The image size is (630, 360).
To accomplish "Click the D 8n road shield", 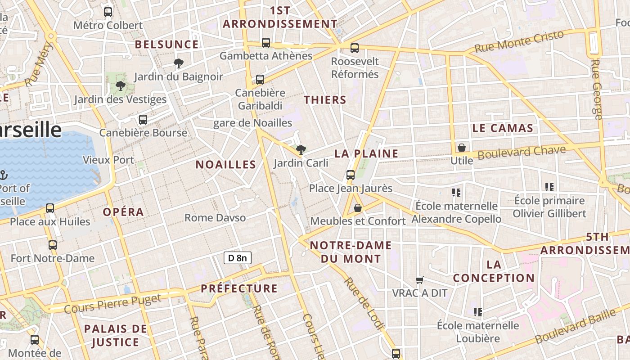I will point(238,258).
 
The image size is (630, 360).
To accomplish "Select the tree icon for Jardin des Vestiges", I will point(120,86).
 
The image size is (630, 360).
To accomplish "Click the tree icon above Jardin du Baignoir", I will point(179,63).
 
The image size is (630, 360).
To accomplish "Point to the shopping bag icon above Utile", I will point(461,147).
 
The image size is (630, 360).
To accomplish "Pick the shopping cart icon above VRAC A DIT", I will point(420,280).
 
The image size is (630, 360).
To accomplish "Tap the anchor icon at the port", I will point(3,175).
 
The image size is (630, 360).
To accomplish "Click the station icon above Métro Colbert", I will point(108,12).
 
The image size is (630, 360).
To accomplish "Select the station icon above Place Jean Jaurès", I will point(351,175).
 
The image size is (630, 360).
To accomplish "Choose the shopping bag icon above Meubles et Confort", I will point(358,208).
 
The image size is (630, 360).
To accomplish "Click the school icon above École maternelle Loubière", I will point(478,312).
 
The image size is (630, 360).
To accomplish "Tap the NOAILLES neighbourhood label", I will point(226,165).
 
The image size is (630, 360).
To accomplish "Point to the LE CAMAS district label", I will point(503,128).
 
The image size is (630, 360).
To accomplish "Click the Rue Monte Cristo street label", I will point(519,41).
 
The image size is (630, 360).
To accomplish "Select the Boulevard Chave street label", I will point(522,153).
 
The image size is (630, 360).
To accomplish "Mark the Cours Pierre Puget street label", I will point(112,304).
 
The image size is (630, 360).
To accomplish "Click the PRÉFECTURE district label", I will point(239,288).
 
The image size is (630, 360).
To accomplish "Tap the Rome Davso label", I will point(215,218).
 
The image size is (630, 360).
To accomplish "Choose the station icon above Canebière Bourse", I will point(143,120).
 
